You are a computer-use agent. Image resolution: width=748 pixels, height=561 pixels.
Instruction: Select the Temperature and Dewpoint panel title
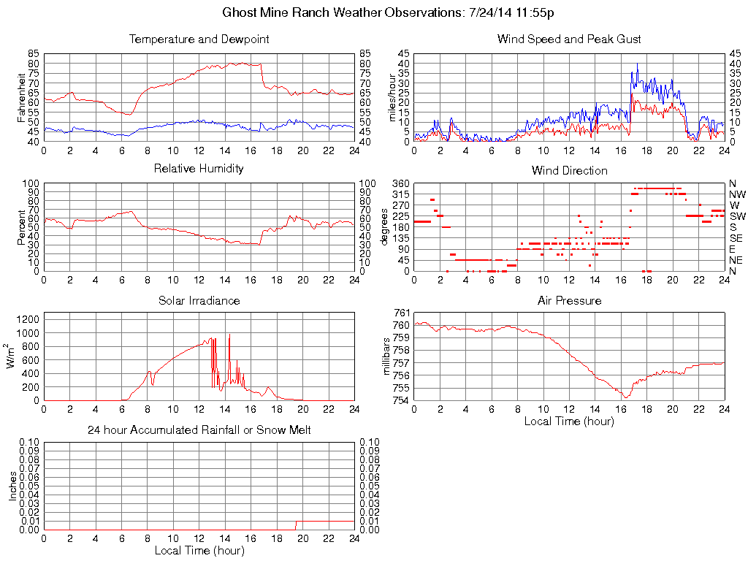pos(199,39)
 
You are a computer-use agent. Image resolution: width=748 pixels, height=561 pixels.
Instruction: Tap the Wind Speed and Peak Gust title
pos(569,39)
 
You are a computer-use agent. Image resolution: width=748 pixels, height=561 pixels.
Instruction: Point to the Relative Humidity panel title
pos(199,169)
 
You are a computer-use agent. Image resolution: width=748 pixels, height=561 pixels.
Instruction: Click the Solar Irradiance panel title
pos(199,300)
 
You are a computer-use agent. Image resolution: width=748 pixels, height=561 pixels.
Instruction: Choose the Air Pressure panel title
pos(569,300)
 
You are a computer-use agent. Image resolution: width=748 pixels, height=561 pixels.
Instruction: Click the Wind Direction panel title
pos(569,170)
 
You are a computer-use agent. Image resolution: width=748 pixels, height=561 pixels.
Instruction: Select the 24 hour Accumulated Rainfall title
pos(199,430)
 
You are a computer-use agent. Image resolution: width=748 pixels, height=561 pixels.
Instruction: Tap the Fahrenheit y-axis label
pos(21,98)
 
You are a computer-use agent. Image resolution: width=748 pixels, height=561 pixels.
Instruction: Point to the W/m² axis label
pos(12,356)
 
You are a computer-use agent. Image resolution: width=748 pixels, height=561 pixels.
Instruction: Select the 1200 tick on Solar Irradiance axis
pos(30,319)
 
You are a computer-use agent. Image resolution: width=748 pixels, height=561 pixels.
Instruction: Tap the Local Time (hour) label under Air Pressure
pos(569,421)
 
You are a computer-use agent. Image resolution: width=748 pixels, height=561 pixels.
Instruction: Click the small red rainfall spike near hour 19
pos(295,525)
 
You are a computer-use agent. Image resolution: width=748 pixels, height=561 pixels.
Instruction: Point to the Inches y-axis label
pos(12,485)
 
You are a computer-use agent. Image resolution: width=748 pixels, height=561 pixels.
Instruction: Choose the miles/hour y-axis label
pos(392,98)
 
